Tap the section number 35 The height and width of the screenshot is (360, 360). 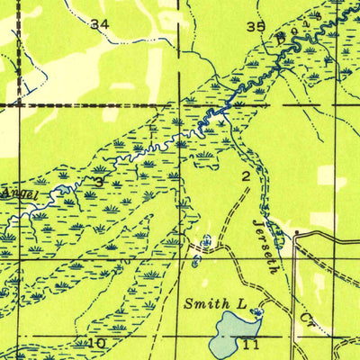point(256,27)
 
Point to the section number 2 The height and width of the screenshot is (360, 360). point(245,177)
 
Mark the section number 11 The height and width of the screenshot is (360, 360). point(251,344)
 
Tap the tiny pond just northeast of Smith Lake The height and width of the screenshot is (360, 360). point(258,312)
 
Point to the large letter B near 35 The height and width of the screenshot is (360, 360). point(282,38)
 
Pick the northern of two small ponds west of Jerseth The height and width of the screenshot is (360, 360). point(208,239)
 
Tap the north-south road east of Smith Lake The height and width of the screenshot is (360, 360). point(296,288)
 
